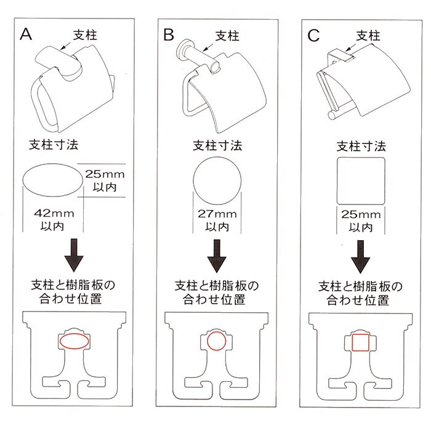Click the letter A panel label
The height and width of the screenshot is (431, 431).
pyautogui.click(x=26, y=34)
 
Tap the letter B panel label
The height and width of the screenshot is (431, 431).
pyautogui.click(x=169, y=35)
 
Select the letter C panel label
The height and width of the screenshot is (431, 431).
pyautogui.click(x=313, y=36)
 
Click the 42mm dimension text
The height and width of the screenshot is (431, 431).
pyautogui.click(x=54, y=213)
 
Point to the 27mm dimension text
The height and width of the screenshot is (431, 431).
pyautogui.click(x=217, y=214)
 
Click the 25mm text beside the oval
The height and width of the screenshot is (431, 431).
pyautogui.click(x=105, y=174)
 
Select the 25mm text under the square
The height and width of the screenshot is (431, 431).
pyautogui.click(x=361, y=214)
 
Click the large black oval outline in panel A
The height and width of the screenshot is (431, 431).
pyautogui.click(x=52, y=180)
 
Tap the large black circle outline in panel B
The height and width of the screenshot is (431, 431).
pyautogui.click(x=217, y=181)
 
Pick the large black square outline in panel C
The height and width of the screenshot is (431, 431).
pyautogui.click(x=361, y=181)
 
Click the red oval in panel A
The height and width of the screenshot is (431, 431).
pyautogui.click(x=75, y=341)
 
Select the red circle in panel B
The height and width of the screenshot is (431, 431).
pyautogui.click(x=217, y=341)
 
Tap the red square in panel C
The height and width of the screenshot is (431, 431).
pyautogui.click(x=360, y=342)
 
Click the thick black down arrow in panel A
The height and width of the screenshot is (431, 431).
pyautogui.click(x=74, y=256)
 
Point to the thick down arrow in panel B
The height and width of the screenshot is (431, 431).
pyautogui.click(x=217, y=256)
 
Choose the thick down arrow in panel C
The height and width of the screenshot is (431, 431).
pyautogui.click(x=360, y=257)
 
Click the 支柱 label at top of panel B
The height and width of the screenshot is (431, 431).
pyautogui.click(x=227, y=36)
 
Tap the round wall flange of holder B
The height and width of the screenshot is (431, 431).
pyautogui.click(x=183, y=48)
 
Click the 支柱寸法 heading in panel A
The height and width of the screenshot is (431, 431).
pyautogui.click(x=54, y=145)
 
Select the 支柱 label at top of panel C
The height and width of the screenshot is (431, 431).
pyautogui.click(x=368, y=36)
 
